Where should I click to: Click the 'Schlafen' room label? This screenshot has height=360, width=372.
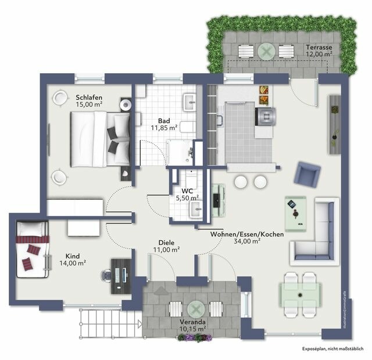(90, 96)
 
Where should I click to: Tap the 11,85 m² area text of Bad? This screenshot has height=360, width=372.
(164, 128)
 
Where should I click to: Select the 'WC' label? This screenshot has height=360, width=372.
(187, 190)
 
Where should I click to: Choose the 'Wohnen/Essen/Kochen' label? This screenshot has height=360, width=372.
(246, 234)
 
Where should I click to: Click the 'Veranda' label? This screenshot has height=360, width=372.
(192, 322)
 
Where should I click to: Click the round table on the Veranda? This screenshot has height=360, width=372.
(194, 308)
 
